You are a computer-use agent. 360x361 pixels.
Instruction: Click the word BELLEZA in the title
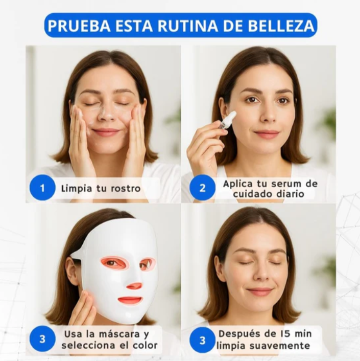pos(281,26)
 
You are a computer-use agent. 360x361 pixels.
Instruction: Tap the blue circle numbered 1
pos(42,188)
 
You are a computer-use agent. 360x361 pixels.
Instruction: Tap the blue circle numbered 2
pos(202,188)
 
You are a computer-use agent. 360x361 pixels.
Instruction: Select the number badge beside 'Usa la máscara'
pos(42,339)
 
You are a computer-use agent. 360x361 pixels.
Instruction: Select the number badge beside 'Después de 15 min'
pos(202,340)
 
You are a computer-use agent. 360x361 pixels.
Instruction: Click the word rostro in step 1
pos(126,189)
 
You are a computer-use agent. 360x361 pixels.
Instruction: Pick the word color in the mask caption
pos(145,345)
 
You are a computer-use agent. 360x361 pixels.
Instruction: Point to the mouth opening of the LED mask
pos(130,300)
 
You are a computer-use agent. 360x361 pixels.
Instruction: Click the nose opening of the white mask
pos(134,286)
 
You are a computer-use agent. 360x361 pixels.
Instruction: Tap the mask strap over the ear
pos(77,254)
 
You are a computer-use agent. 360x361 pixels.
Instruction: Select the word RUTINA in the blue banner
pos(187,26)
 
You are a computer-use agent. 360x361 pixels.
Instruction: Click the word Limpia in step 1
pos(76,189)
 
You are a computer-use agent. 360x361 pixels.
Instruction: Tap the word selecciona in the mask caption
pos(89,345)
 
